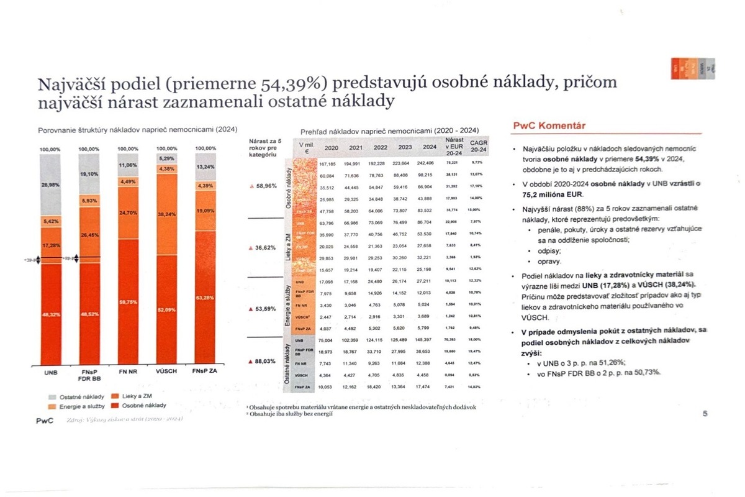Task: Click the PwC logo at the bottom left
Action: point(45,421)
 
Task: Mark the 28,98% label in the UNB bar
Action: point(50,185)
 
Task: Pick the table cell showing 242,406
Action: point(430,163)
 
